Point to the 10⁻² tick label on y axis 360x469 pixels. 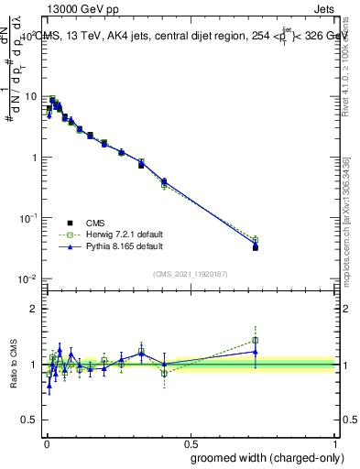28,278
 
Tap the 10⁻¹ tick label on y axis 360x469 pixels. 28,217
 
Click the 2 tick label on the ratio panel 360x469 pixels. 37,309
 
